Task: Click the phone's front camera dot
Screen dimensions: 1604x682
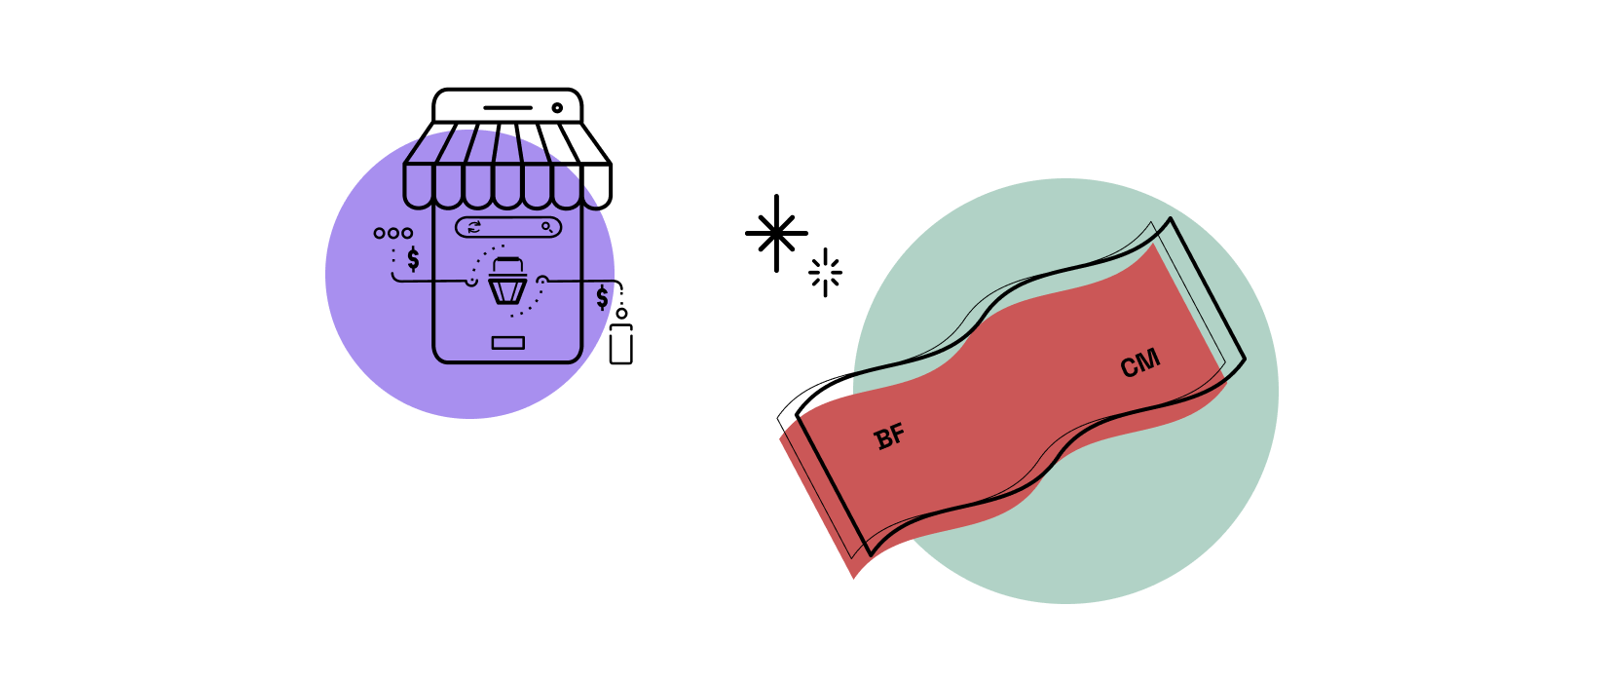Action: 557,108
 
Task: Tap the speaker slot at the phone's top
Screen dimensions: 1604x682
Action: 507,108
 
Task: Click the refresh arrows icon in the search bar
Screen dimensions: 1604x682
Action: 474,227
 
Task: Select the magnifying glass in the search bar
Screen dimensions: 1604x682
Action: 547,227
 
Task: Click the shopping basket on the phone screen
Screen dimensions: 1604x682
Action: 507,282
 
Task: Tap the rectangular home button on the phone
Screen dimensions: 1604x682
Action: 507,343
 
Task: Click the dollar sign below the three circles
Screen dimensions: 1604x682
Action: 413,258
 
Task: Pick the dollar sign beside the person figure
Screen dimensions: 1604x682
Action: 602,297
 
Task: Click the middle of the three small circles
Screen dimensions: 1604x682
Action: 393,233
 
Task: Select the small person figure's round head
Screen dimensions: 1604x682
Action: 621,314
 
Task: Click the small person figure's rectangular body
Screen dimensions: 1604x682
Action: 620,345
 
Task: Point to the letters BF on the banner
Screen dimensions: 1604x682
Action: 890,436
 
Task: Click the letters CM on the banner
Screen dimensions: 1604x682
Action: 1140,364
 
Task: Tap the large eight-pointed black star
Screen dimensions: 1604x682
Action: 776,233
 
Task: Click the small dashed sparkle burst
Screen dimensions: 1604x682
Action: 826,272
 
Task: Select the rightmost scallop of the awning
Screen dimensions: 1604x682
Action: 596,186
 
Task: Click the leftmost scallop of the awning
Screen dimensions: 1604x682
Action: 419,186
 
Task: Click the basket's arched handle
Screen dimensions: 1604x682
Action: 507,264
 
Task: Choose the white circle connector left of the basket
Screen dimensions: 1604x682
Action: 471,282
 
